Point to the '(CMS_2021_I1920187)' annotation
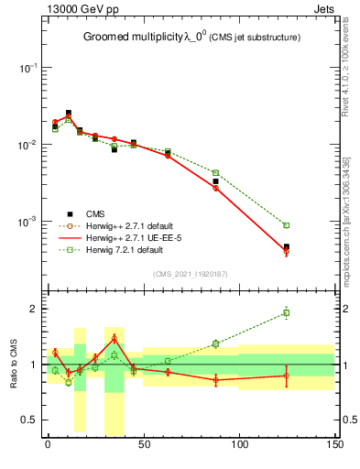point(189,273)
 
